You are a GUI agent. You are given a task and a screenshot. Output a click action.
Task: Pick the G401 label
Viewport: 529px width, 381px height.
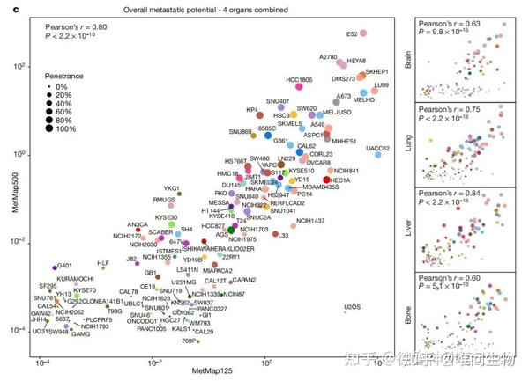point(64,266)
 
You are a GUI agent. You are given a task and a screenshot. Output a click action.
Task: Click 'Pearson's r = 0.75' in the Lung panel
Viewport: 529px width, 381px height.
point(448,110)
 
